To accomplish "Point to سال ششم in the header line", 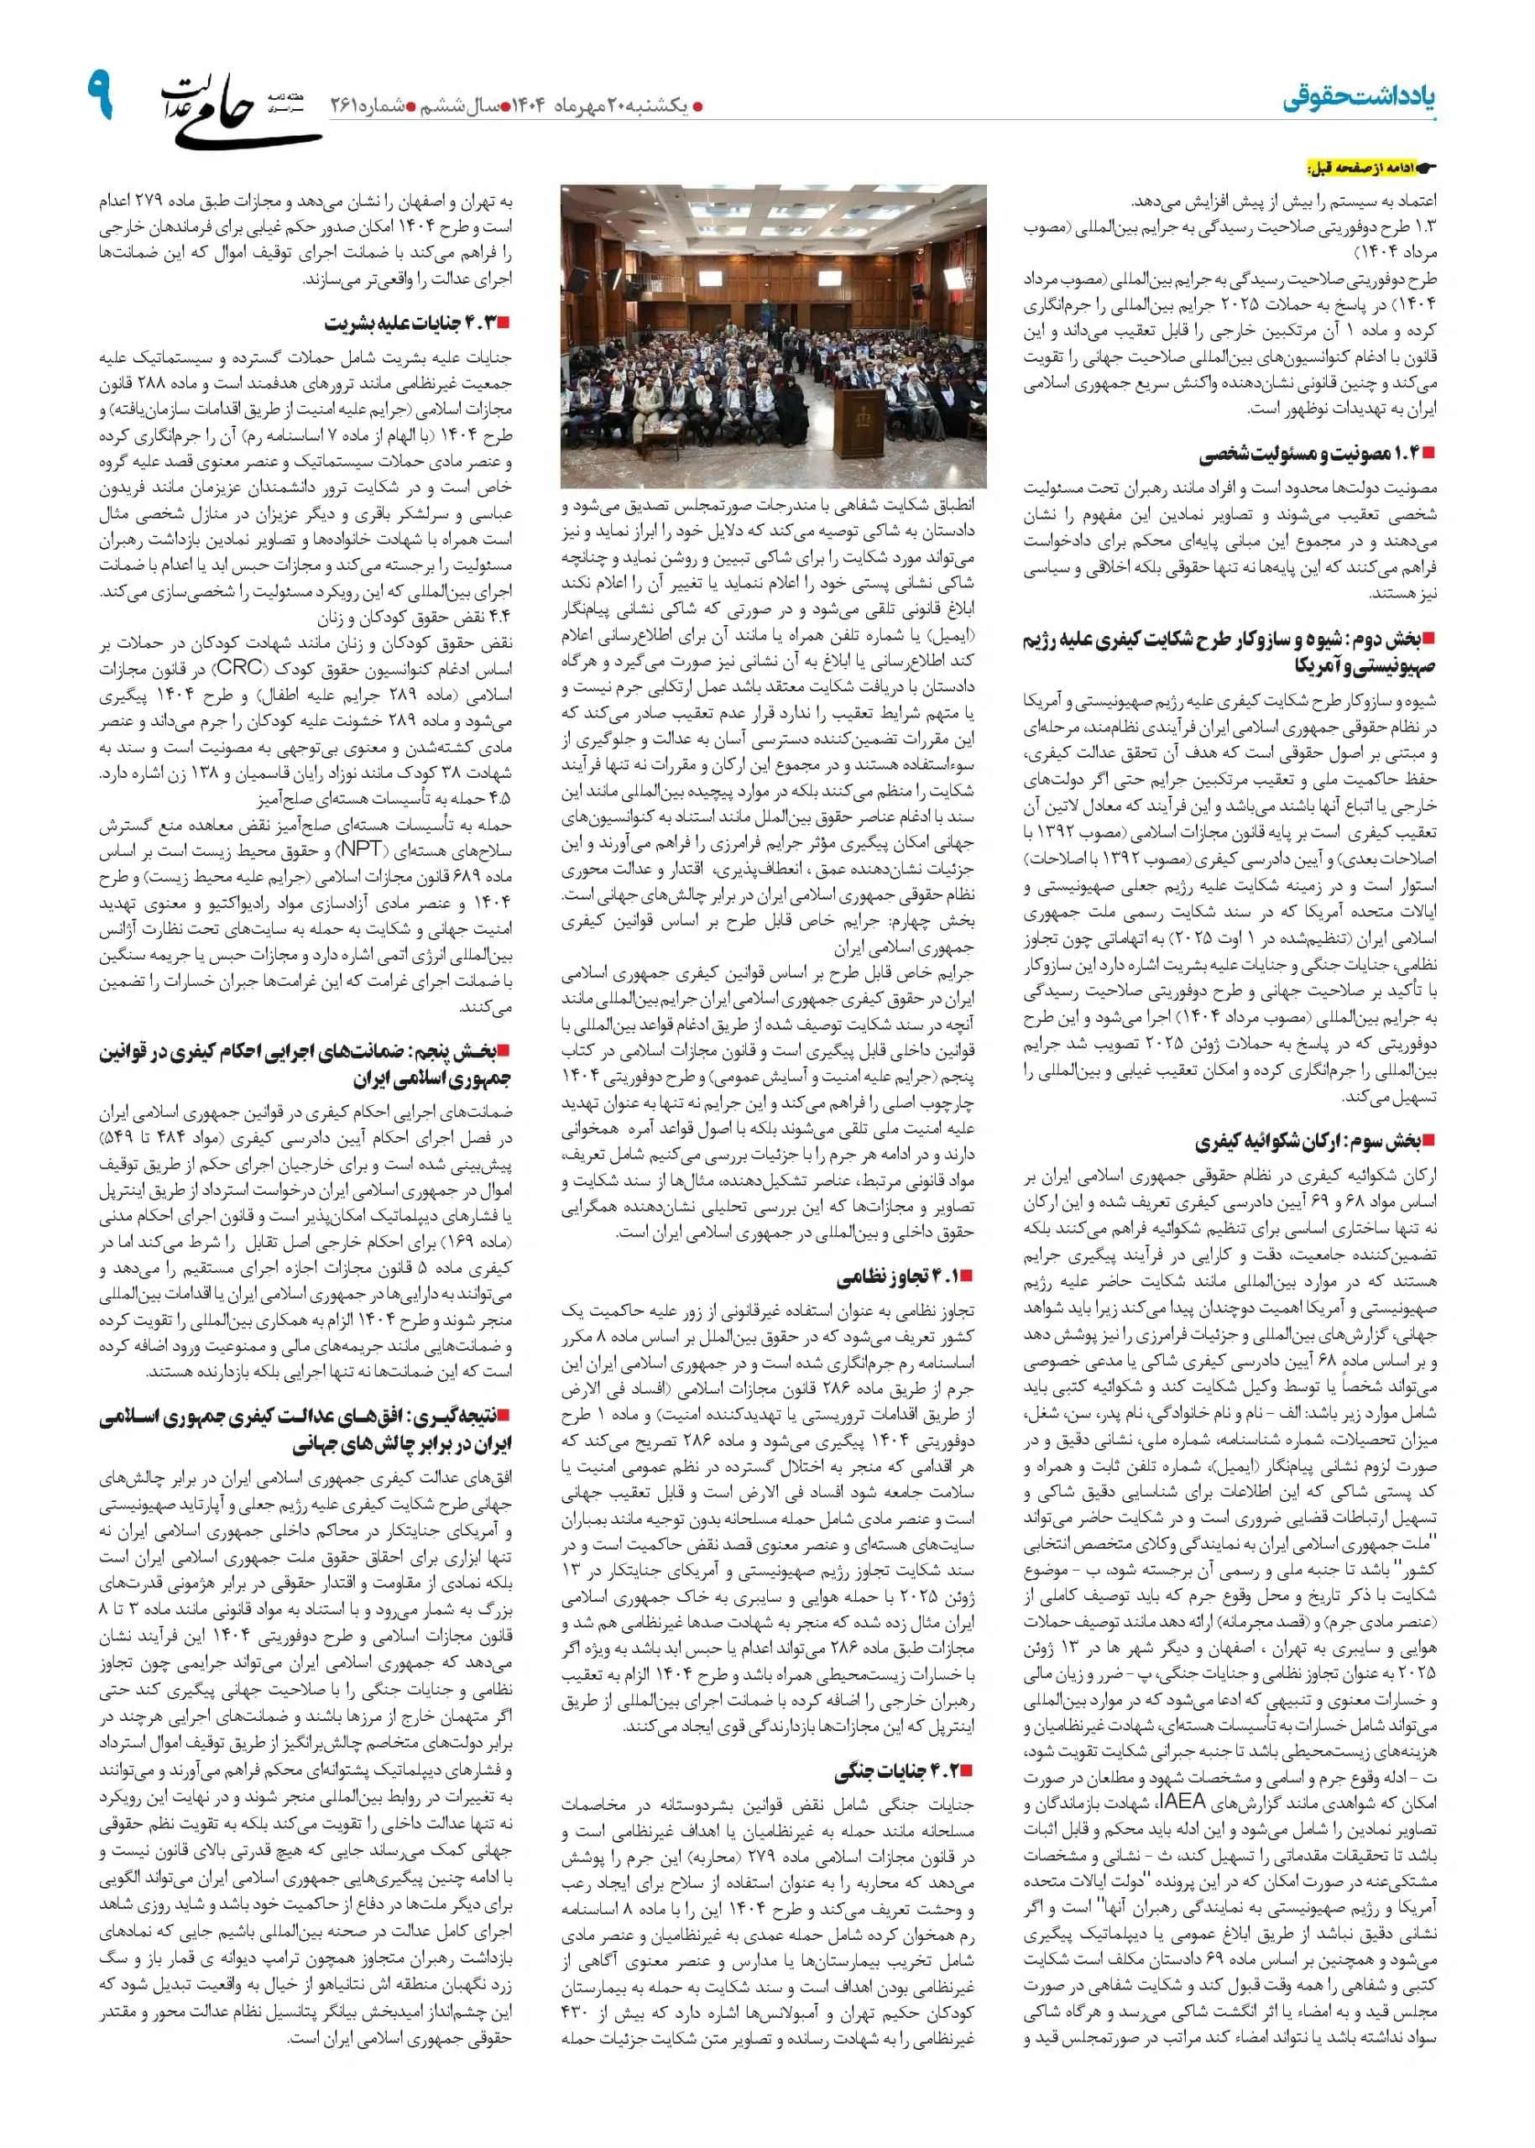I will (x=457, y=106).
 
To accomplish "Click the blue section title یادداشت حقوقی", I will (x=1357, y=98).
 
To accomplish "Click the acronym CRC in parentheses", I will (x=240, y=667).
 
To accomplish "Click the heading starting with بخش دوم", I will (x=1229, y=652).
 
